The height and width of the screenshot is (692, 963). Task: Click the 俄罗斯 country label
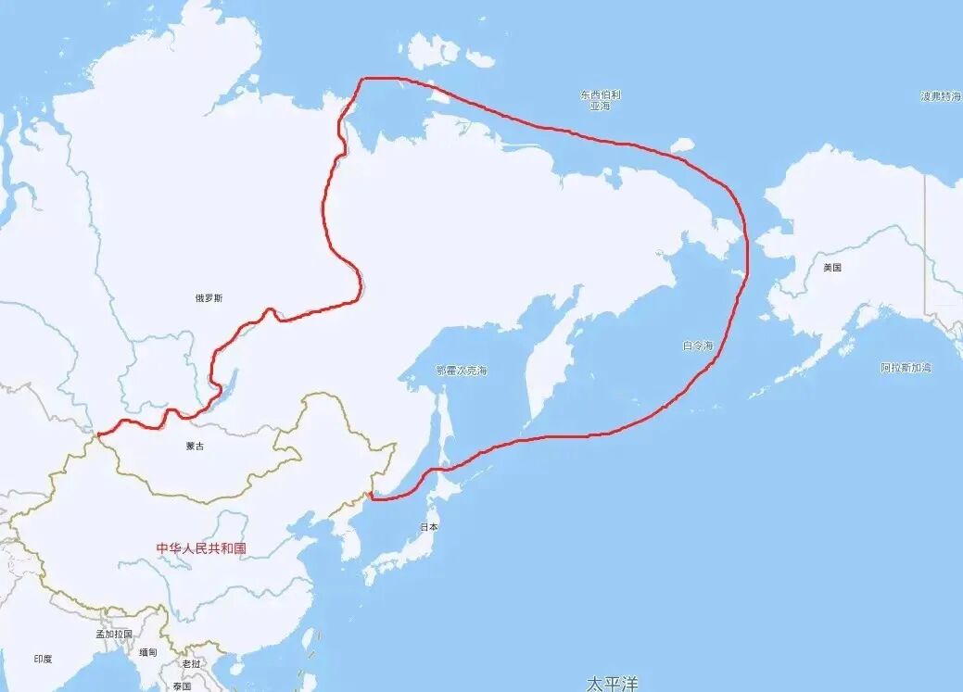pyautogui.click(x=209, y=297)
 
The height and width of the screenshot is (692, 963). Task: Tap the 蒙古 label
pyautogui.click(x=195, y=446)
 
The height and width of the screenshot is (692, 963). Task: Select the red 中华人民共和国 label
pyautogui.click(x=201, y=547)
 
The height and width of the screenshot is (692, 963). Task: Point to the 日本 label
pyautogui.click(x=429, y=526)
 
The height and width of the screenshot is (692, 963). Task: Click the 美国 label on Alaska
pyautogui.click(x=831, y=268)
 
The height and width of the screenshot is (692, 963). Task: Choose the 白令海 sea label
pyautogui.click(x=698, y=346)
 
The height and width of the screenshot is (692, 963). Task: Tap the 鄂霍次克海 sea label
pyautogui.click(x=462, y=371)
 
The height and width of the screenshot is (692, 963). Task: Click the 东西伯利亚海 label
pyautogui.click(x=601, y=100)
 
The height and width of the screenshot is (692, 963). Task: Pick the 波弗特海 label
pyautogui.click(x=940, y=96)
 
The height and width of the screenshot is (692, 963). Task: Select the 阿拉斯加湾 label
pyautogui.click(x=906, y=368)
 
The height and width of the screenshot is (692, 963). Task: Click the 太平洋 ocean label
pyautogui.click(x=612, y=683)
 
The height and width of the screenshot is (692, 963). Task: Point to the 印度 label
pyautogui.click(x=44, y=659)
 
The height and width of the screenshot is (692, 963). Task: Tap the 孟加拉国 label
pyautogui.click(x=114, y=635)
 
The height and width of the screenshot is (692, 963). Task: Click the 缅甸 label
pyautogui.click(x=149, y=652)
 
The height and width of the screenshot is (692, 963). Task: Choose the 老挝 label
pyautogui.click(x=191, y=663)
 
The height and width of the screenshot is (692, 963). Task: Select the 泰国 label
pyautogui.click(x=182, y=686)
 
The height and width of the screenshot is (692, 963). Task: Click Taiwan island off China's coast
pyautogui.click(x=309, y=639)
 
